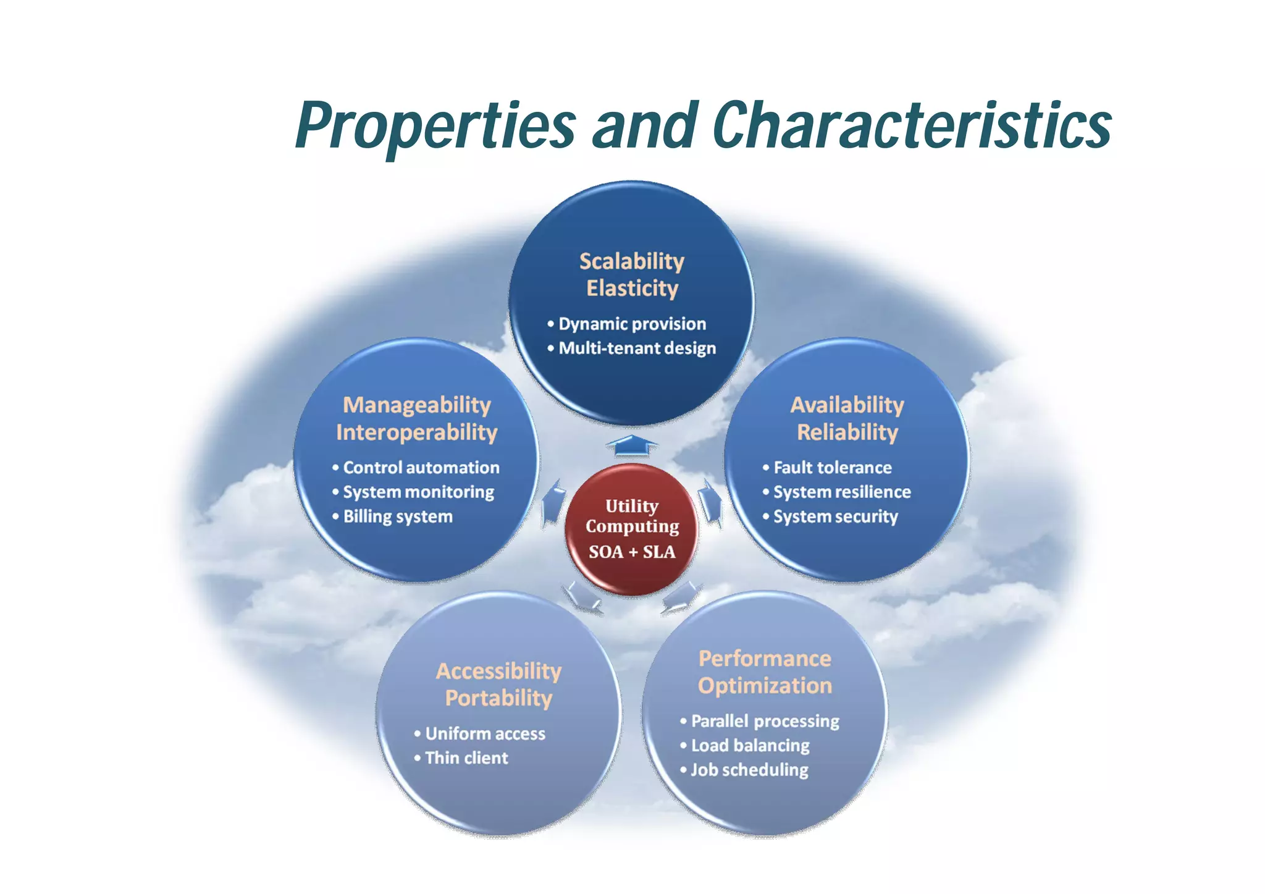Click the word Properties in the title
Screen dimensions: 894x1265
coord(435,125)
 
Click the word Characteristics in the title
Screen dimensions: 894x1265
coord(912,125)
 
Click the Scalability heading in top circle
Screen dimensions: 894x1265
coord(631,261)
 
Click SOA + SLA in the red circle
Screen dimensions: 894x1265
coord(631,552)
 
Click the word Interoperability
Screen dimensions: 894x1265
coord(416,432)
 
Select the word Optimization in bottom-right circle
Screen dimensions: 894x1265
coord(765,686)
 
